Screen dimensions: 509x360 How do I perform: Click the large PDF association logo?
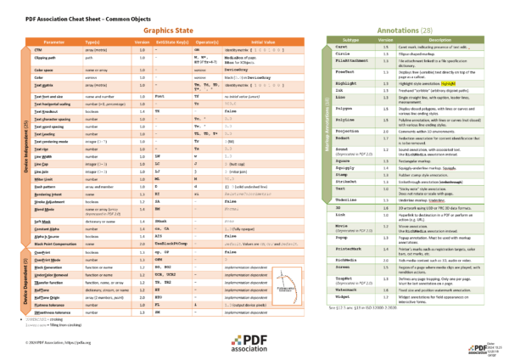[255, 341]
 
